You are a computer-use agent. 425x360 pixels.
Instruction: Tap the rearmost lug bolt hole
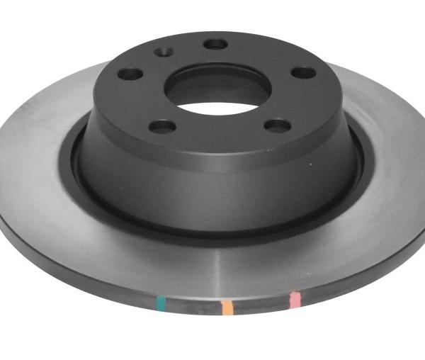coord(215,44)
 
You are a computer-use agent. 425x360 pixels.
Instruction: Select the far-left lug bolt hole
coord(130,74)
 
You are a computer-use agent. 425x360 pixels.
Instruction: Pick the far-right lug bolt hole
coord(304,72)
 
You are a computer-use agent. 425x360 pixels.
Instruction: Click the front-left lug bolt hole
coord(163,127)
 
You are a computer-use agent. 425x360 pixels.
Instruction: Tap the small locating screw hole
coord(164,52)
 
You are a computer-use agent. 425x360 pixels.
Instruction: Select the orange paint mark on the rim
coord(227,307)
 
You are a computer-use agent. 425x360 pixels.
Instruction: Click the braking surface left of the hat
coord(35,163)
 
